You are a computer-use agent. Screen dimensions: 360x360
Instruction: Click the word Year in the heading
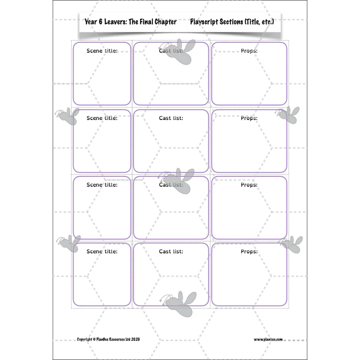pyautogui.click(x=91, y=22)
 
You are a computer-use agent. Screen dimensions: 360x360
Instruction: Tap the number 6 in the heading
pyautogui.click(x=100, y=22)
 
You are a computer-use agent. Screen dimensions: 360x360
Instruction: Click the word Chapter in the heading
pyautogui.click(x=165, y=22)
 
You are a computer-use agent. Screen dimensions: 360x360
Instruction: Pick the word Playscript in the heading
pyautogui.click(x=204, y=22)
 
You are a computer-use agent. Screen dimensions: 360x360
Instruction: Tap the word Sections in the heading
pyautogui.click(x=231, y=22)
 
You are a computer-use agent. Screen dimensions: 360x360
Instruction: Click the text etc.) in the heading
pyautogui.click(x=268, y=22)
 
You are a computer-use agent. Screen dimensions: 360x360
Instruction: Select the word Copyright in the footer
pyautogui.click(x=85, y=339)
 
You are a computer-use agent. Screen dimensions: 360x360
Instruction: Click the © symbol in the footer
pyautogui.click(x=94, y=339)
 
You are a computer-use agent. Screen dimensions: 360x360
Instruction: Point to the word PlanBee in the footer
pyautogui.click(x=103, y=339)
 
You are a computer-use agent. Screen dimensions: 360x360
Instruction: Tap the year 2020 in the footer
pyautogui.click(x=135, y=339)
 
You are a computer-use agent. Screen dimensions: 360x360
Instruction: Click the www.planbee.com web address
pyautogui.click(x=268, y=340)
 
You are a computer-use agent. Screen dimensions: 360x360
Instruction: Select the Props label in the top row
pyautogui.click(x=249, y=51)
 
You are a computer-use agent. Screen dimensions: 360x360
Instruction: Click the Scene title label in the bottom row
pyautogui.click(x=102, y=252)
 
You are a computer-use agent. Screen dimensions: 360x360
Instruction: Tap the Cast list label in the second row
pyautogui.click(x=171, y=118)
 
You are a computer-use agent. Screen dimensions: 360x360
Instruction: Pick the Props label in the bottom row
pyautogui.click(x=249, y=252)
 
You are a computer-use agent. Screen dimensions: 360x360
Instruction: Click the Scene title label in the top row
pyautogui.click(x=102, y=51)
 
